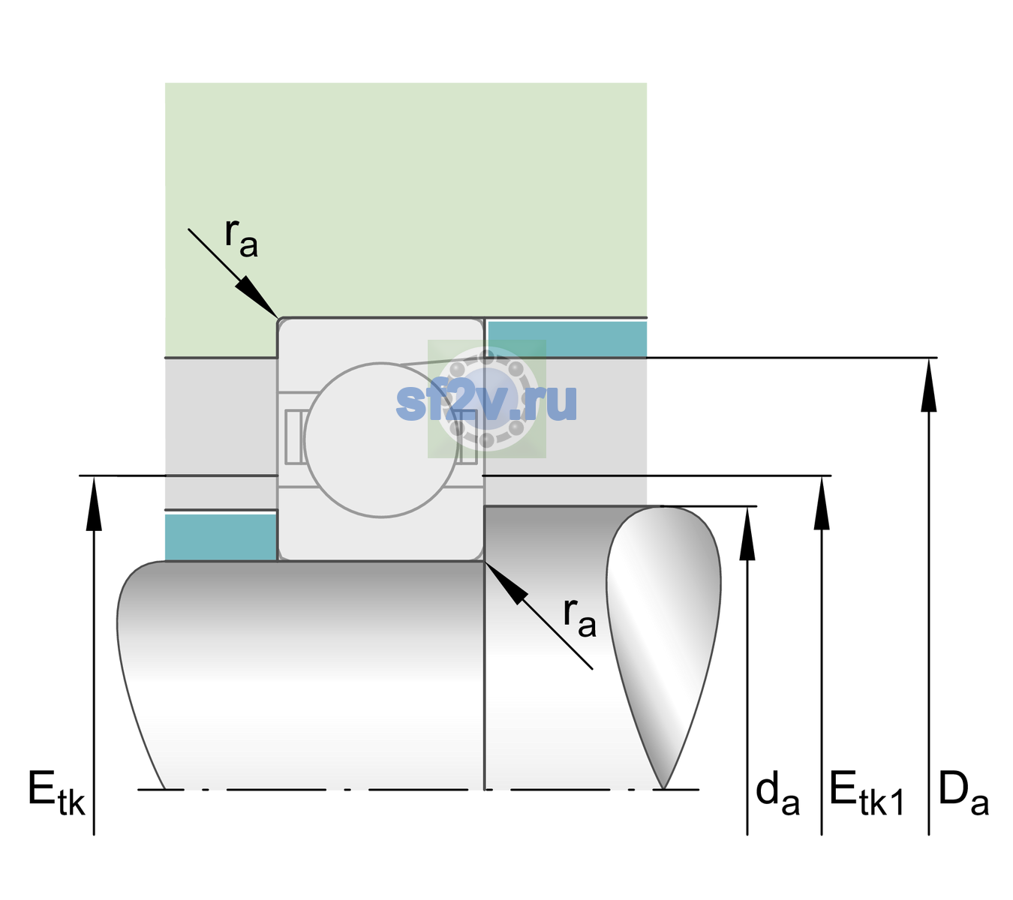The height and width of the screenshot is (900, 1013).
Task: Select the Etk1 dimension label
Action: pos(867,793)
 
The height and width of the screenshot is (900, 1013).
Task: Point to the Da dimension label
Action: pos(963,793)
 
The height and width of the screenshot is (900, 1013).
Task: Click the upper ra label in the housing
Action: pos(241,238)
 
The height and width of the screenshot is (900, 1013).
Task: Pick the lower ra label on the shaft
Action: pos(579,618)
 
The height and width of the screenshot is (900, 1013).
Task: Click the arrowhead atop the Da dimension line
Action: pos(928,385)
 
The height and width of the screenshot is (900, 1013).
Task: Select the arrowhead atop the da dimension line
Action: pos(747,533)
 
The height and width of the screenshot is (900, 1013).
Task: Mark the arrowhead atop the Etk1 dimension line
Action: pos(822,502)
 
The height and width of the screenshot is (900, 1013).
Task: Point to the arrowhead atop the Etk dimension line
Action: pos(94,503)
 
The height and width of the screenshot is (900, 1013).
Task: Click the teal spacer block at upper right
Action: pos(567,338)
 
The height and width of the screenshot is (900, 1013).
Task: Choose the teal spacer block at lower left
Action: pos(221,537)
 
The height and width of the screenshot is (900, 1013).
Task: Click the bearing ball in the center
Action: pos(381,439)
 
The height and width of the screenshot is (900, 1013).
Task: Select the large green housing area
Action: pos(405,200)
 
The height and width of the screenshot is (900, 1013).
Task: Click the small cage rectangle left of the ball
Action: pos(293,436)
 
